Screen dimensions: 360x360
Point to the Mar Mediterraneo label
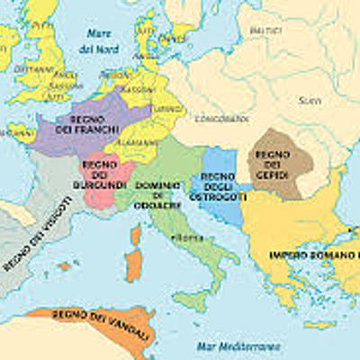[238, 346]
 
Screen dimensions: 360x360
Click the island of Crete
[319, 324]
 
